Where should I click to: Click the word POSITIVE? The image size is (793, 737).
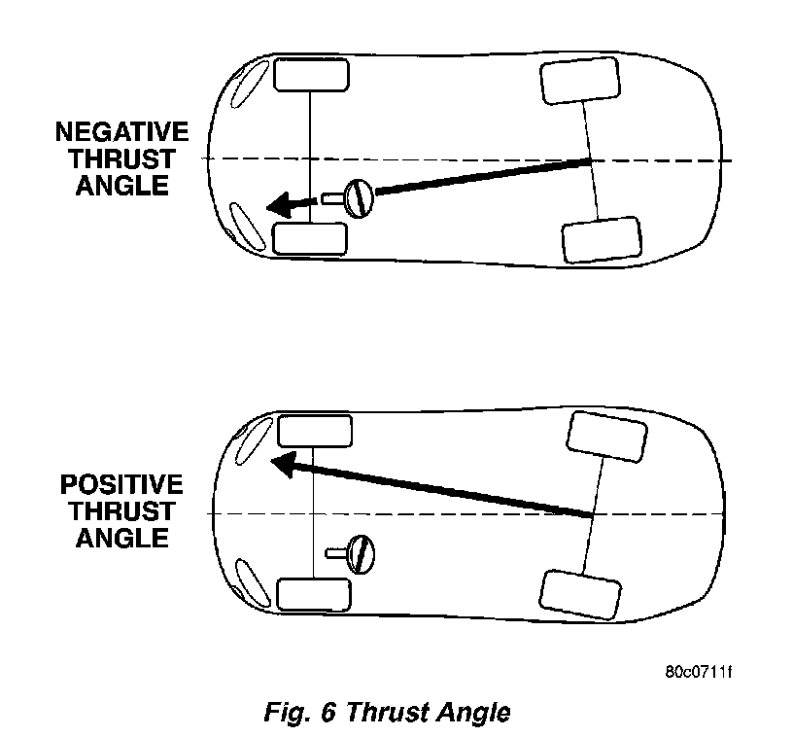coord(121,484)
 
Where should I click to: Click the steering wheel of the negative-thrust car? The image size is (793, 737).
coord(359,197)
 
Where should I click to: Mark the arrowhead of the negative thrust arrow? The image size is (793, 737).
coord(283,205)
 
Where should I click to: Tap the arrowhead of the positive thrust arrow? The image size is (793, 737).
coord(285,465)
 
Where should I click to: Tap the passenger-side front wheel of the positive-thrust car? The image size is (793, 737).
coord(314,431)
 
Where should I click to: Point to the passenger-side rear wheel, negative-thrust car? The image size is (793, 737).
coord(579,81)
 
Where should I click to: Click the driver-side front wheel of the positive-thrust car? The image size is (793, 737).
coord(314,593)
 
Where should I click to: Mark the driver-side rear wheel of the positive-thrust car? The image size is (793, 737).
coord(579,593)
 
